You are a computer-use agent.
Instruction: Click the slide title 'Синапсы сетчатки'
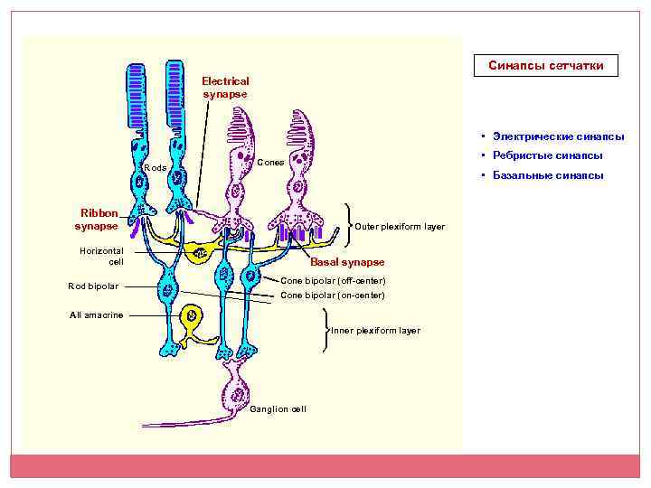(x=546, y=66)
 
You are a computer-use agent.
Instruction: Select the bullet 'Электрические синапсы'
(x=558, y=136)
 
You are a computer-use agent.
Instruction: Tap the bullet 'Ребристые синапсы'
(x=547, y=155)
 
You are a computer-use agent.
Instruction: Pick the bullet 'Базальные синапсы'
(x=548, y=175)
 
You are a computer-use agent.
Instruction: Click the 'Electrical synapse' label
(x=225, y=88)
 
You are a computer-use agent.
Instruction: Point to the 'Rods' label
(x=155, y=169)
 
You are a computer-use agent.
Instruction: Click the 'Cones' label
(x=271, y=163)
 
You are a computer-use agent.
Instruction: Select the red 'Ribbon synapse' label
(x=96, y=220)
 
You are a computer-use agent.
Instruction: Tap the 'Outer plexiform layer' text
(x=400, y=226)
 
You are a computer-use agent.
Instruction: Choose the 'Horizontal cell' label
(x=101, y=256)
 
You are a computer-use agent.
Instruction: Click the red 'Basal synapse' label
(x=347, y=262)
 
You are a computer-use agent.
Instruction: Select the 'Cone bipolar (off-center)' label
(x=333, y=281)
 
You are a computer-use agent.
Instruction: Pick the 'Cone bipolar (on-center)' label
(x=333, y=295)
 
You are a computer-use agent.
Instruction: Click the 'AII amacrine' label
(x=97, y=315)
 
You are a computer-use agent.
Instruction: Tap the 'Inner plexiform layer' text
(x=375, y=331)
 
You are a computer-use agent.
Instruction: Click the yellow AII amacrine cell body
(x=191, y=317)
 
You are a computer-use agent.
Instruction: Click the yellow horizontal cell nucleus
(x=200, y=254)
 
